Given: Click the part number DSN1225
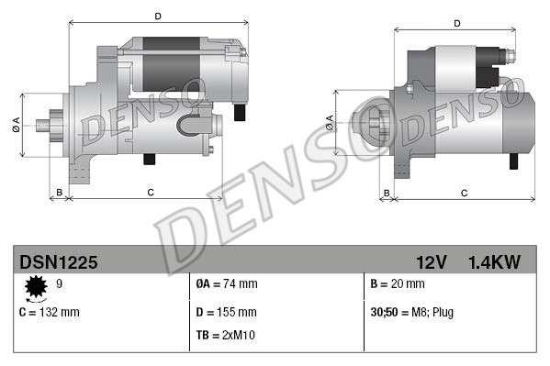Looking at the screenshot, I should (58, 262).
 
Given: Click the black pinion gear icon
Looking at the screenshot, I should (38, 288).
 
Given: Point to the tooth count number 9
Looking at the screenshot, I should (60, 284).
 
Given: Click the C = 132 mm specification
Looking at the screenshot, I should (50, 312).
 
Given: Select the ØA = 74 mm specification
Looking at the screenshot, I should (227, 284).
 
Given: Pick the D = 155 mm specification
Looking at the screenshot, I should (227, 312).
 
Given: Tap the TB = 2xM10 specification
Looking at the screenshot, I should (226, 335).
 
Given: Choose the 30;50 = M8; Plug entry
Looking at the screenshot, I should (411, 312).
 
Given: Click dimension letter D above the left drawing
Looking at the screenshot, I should (158, 16).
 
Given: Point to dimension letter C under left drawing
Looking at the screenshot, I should (149, 192).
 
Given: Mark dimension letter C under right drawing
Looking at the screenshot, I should (464, 193).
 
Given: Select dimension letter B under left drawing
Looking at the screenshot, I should (60, 192).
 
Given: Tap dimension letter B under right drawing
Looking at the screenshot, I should (387, 193).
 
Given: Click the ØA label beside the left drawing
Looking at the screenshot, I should (17, 125).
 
